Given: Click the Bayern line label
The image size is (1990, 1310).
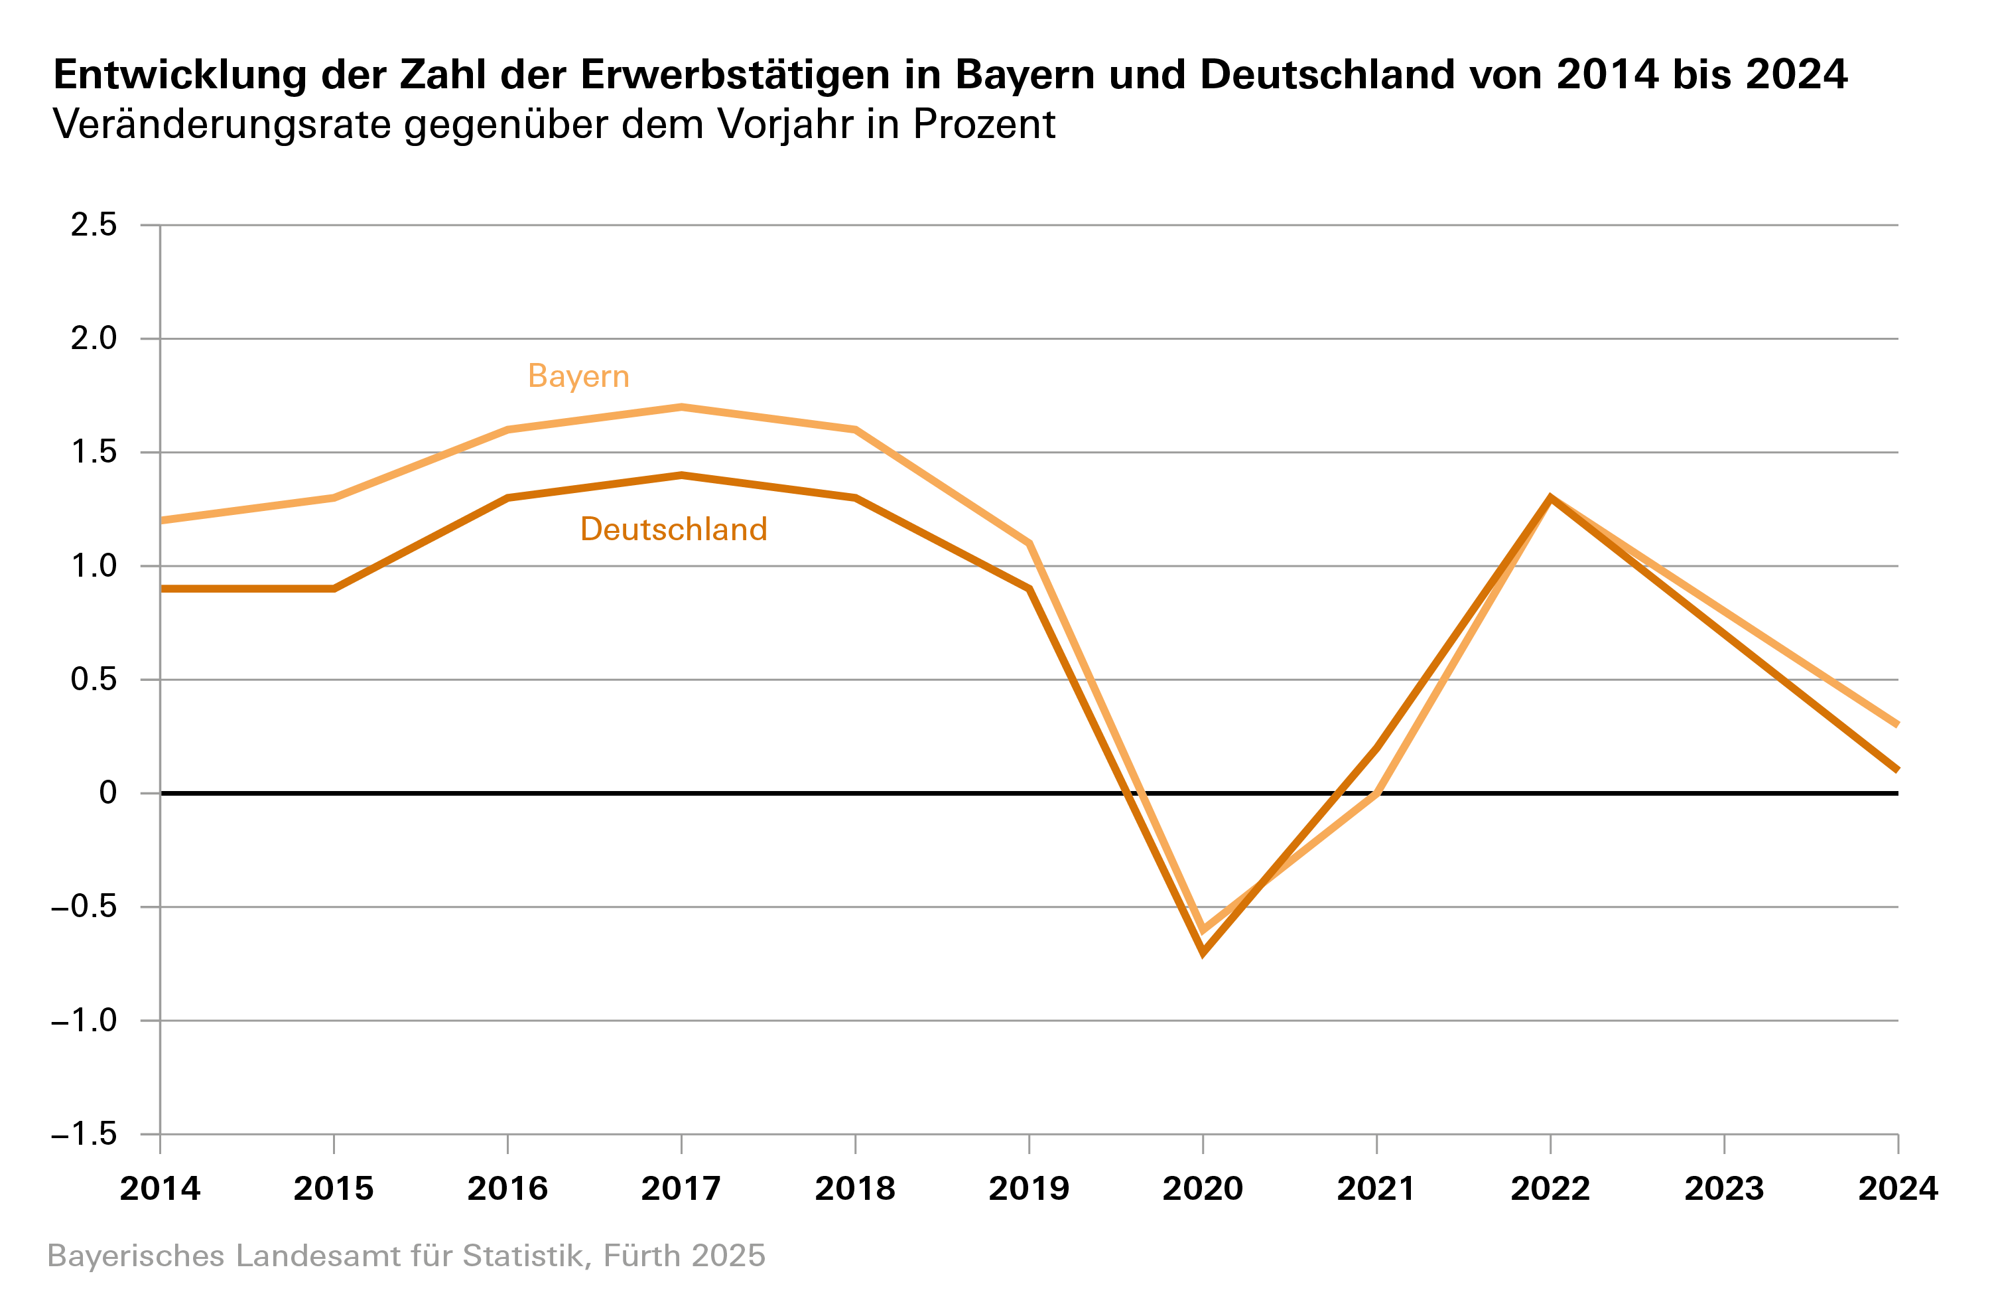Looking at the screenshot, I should [x=578, y=376].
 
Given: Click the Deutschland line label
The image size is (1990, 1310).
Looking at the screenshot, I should [x=673, y=530].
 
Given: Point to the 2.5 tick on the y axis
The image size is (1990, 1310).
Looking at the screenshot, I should [x=94, y=225].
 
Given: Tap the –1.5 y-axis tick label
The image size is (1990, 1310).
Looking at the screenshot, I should [x=84, y=1134].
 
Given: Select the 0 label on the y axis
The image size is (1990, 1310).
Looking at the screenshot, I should [x=108, y=792].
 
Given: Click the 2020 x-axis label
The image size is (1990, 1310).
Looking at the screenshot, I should [x=1203, y=1189].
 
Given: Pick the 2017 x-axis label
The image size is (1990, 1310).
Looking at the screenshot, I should [x=681, y=1189].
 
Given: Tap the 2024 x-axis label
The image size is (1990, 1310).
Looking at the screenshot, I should [x=1897, y=1189].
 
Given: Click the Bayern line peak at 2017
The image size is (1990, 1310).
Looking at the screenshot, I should [x=681, y=407].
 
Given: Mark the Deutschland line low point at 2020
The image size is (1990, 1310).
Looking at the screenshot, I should [x=1203, y=952].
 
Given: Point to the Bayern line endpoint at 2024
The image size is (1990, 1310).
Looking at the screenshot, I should [x=1896, y=725].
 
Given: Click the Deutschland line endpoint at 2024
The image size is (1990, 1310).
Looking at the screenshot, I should [x=1896, y=770].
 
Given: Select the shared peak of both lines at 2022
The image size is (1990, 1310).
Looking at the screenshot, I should [x=1550, y=498].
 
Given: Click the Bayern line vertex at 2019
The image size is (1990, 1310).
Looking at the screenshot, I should [x=1029, y=544].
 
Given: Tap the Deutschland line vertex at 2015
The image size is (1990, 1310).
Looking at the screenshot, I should [x=334, y=589].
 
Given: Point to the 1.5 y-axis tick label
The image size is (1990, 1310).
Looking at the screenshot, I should [x=94, y=453].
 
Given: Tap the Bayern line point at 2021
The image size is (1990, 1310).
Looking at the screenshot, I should [x=1376, y=793].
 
